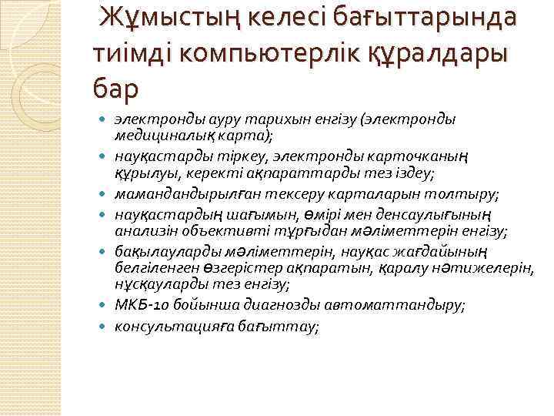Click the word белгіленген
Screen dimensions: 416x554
coord(153,267)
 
